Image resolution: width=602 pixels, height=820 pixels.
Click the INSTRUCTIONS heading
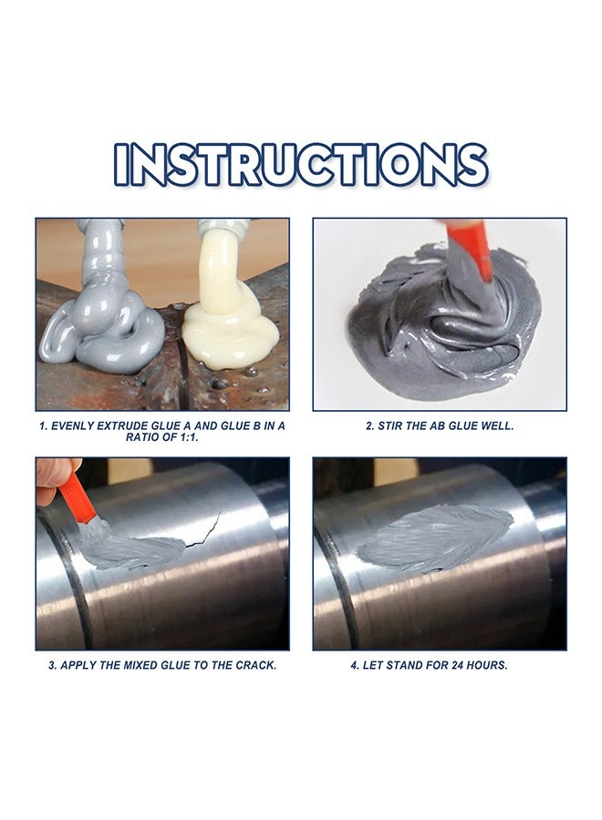click(300, 165)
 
